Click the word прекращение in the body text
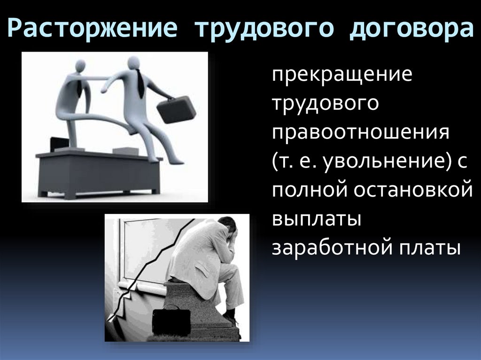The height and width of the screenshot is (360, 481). click(x=342, y=75)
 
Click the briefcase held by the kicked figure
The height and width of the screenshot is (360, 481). click(x=176, y=109)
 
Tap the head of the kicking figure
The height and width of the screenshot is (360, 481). click(x=80, y=66)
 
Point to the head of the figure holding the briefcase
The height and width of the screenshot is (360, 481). click(x=134, y=62)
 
